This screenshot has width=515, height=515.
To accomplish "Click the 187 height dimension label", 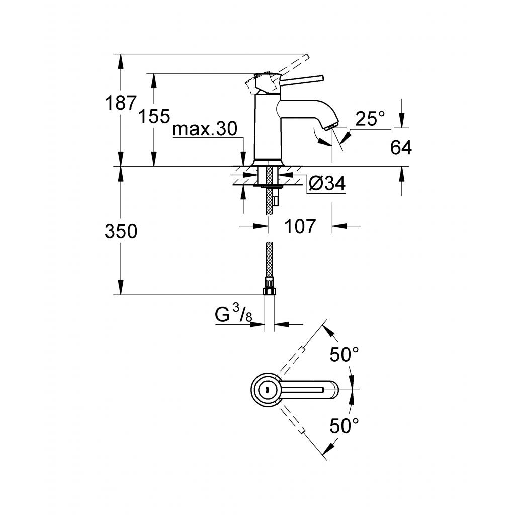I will [x=121, y=103].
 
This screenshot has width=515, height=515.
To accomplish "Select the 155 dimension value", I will [x=154, y=117].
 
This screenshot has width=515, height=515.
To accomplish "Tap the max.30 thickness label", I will [x=204, y=130].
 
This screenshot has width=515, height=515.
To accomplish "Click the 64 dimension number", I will [x=401, y=147].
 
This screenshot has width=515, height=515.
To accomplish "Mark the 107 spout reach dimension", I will [x=300, y=227].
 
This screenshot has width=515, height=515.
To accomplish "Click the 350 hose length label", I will [x=121, y=232].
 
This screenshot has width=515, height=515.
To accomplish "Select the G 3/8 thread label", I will [x=233, y=315].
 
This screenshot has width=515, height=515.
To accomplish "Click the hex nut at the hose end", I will [x=269, y=291].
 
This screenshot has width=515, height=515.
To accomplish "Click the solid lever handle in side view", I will [x=302, y=79].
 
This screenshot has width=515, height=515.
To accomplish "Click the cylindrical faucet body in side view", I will [x=266, y=128].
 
